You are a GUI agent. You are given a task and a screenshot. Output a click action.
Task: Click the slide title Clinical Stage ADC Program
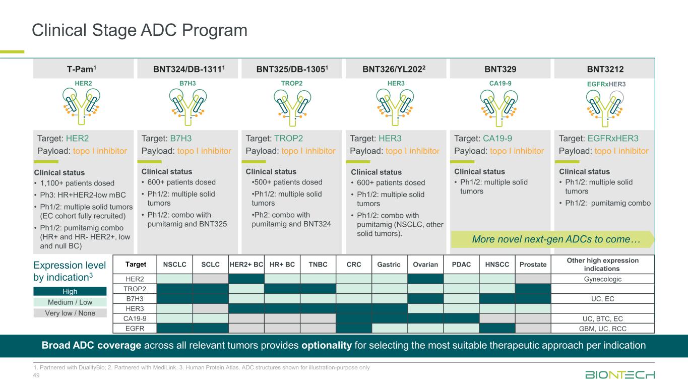(x=140, y=31)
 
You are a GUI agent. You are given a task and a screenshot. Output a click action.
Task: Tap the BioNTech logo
(x=620, y=374)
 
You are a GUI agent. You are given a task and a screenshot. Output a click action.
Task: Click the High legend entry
(x=70, y=291)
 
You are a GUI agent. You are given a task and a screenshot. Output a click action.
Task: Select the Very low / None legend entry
(x=70, y=313)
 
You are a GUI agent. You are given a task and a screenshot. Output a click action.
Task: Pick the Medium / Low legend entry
(x=70, y=302)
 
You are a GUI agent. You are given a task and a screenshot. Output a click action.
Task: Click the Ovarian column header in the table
(x=425, y=265)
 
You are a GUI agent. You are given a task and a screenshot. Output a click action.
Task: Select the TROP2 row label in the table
(x=135, y=289)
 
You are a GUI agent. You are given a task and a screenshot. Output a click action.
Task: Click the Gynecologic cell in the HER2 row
(x=603, y=279)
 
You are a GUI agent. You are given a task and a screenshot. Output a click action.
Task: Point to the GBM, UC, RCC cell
(x=603, y=328)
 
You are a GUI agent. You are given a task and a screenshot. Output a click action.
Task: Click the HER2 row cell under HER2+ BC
(x=246, y=279)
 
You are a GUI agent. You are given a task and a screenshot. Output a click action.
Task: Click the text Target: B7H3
(x=166, y=138)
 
